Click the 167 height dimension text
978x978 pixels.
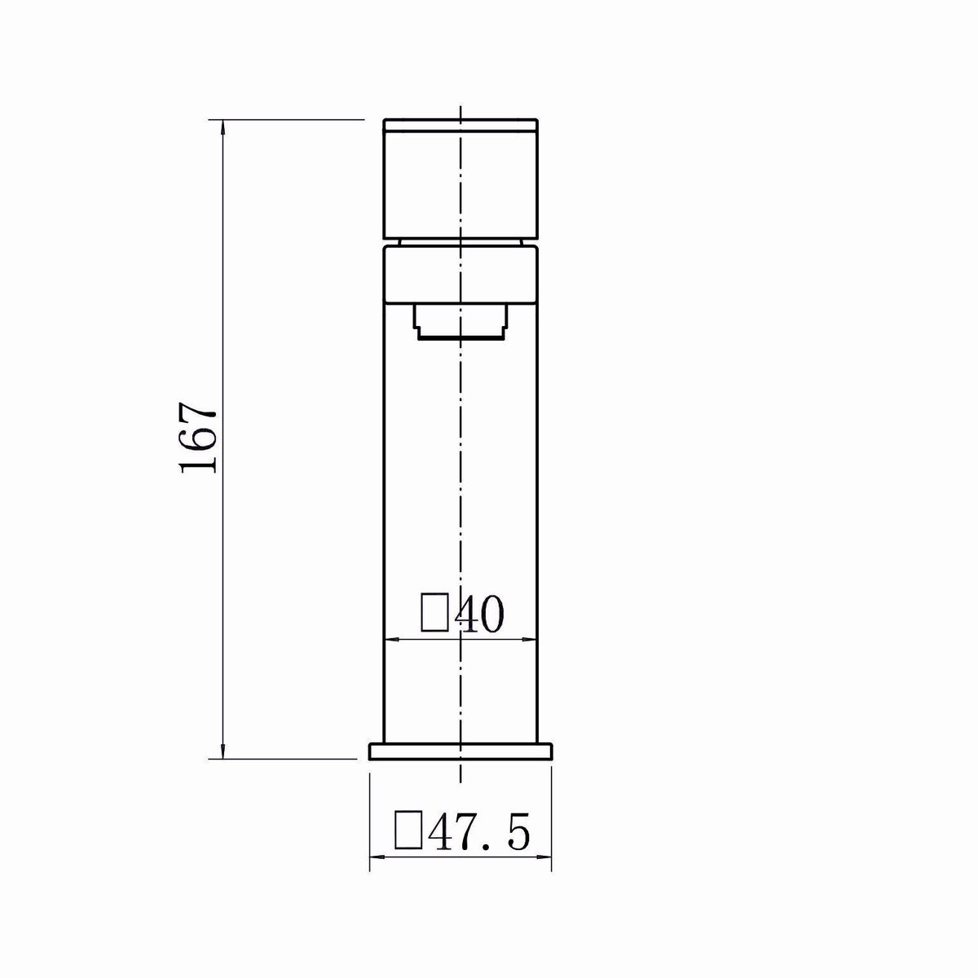pos(199,438)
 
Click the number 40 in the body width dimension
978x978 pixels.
pos(479,615)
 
